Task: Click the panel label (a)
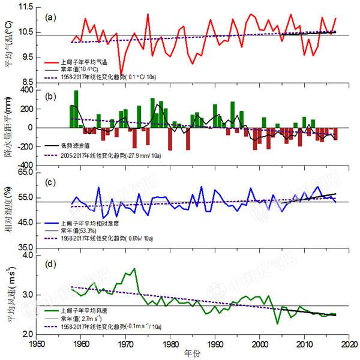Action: pos(52,17)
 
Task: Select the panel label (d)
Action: pos(52,262)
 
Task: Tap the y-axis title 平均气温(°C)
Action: pos(10,45)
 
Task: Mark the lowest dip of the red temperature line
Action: pos(122,74)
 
